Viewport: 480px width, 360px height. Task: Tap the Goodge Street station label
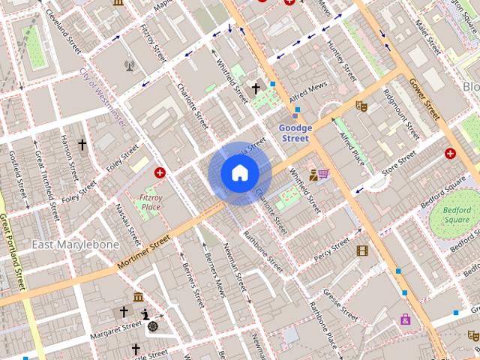[x=295, y=133]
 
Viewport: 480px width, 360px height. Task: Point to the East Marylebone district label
[x=75, y=245]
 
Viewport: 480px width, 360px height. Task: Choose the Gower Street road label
[x=424, y=100]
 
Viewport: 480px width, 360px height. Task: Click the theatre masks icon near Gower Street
[x=361, y=106]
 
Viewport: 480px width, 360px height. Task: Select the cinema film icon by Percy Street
[x=363, y=250]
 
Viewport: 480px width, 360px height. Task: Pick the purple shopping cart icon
[x=323, y=174]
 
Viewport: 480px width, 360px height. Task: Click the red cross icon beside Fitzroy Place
[x=160, y=173]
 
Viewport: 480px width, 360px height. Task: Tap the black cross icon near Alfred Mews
[x=256, y=88]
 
